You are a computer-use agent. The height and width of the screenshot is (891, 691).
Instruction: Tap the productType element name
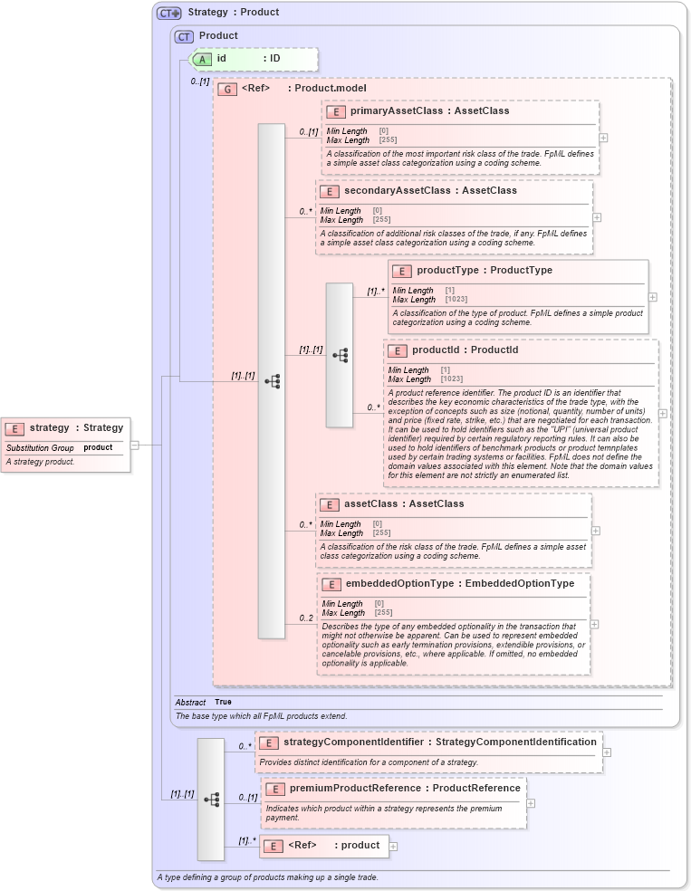pyautogui.click(x=446, y=270)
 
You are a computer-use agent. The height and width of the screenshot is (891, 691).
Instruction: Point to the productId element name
pyautogui.click(x=439, y=350)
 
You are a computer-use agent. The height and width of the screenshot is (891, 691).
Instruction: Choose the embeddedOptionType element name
pyautogui.click(x=399, y=583)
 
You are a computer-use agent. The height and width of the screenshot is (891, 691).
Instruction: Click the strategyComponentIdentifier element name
pyautogui.click(x=353, y=742)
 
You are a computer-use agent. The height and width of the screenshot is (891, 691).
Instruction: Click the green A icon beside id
pyautogui.click(x=203, y=59)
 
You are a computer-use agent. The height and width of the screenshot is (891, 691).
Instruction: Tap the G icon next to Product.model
pyautogui.click(x=226, y=89)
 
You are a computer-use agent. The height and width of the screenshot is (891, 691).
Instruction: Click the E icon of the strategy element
pyautogui.click(x=15, y=428)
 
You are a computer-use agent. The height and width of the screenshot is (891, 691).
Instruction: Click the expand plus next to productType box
pyautogui.click(x=652, y=296)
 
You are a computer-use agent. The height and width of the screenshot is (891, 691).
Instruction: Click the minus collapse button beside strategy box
pyautogui.click(x=134, y=445)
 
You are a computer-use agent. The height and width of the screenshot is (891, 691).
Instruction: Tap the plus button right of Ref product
pyautogui.click(x=393, y=847)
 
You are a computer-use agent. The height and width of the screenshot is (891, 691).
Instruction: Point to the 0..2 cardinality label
pyautogui.click(x=306, y=618)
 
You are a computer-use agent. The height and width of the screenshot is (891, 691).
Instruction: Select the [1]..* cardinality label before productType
pyautogui.click(x=375, y=292)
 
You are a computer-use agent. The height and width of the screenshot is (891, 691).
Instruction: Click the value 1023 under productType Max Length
pyautogui.click(x=456, y=299)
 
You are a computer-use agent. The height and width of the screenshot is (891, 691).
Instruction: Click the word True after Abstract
pyautogui.click(x=223, y=702)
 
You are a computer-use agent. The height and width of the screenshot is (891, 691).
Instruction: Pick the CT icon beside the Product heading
pyautogui.click(x=184, y=36)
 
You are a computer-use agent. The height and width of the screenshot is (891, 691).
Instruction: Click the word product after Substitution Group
pyautogui.click(x=98, y=447)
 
